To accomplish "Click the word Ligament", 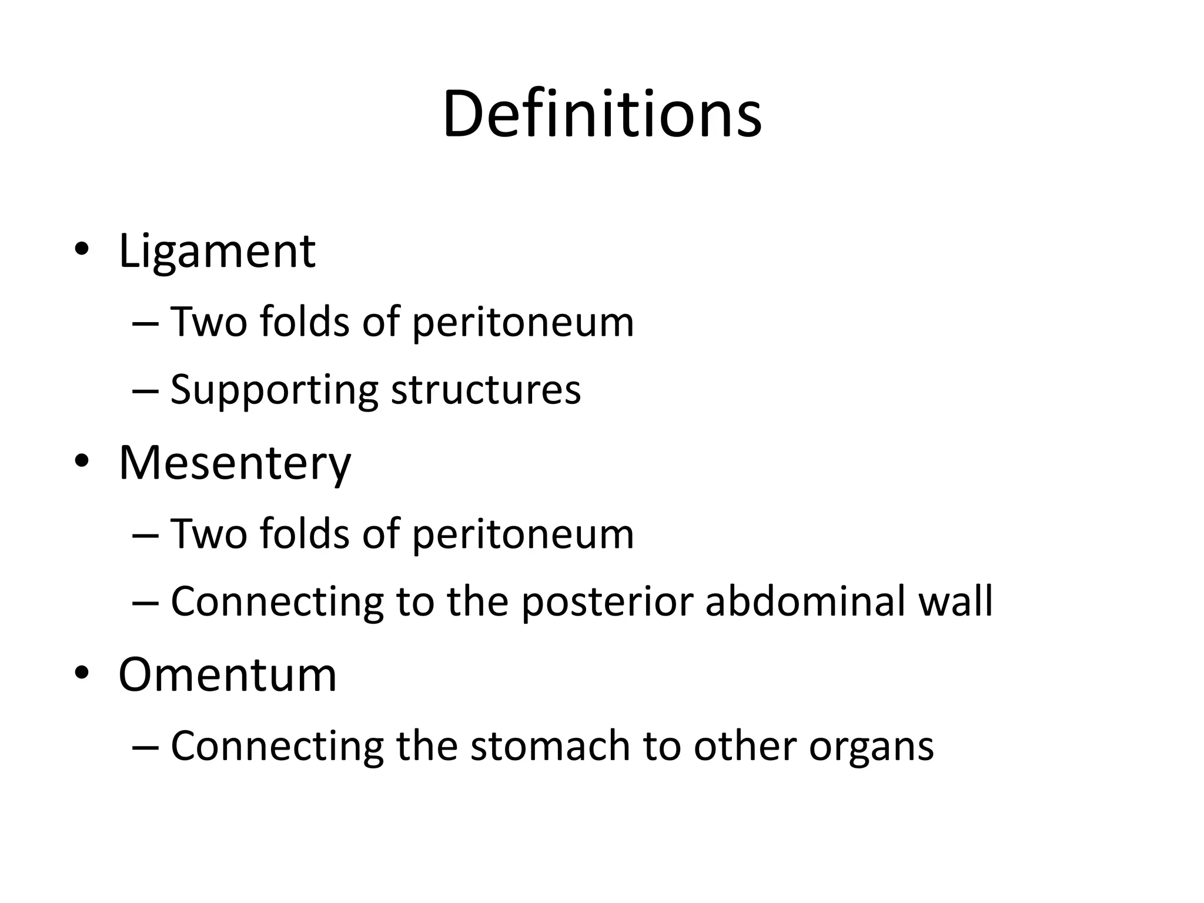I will [x=217, y=252].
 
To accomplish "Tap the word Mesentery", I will [x=235, y=463].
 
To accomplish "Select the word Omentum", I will [x=228, y=675].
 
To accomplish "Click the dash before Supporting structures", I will [x=145, y=390].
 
